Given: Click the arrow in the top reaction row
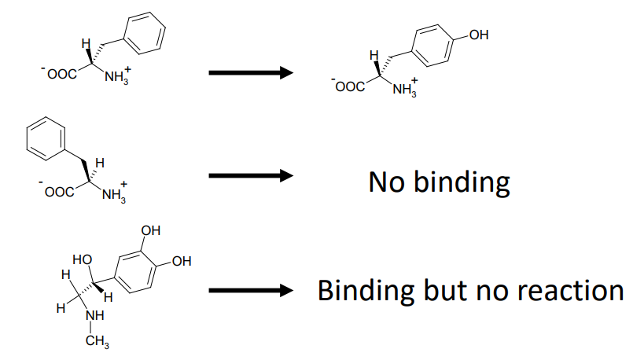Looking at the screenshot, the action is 250,73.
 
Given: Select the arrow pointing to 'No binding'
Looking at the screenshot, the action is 250,175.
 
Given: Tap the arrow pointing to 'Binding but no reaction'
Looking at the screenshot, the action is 250,291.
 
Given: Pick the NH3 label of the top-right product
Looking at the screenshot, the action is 404,88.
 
